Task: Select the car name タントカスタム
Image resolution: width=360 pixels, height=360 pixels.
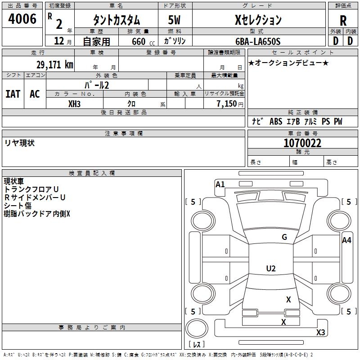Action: [116, 20]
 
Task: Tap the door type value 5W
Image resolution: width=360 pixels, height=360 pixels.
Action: [175, 20]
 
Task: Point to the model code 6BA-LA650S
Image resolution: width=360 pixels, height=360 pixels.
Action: [258, 41]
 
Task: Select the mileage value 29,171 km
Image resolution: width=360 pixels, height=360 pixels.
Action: [55, 65]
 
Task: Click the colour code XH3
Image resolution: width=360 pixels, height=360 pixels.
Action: [75, 103]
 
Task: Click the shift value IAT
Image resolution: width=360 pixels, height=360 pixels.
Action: [13, 94]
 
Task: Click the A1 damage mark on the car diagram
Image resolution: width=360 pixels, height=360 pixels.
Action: [220, 184]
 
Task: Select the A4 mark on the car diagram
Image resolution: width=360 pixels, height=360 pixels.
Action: [346, 240]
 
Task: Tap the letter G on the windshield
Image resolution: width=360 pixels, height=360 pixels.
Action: [284, 237]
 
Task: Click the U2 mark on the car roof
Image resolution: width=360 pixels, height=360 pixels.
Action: [271, 269]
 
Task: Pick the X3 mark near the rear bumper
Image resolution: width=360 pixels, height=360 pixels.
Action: [320, 333]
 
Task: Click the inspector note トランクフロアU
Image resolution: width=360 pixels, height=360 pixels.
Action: [31, 189]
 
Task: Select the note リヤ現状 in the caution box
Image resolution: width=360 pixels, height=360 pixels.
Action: [19, 143]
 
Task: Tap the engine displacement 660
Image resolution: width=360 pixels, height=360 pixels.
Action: [139, 41]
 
